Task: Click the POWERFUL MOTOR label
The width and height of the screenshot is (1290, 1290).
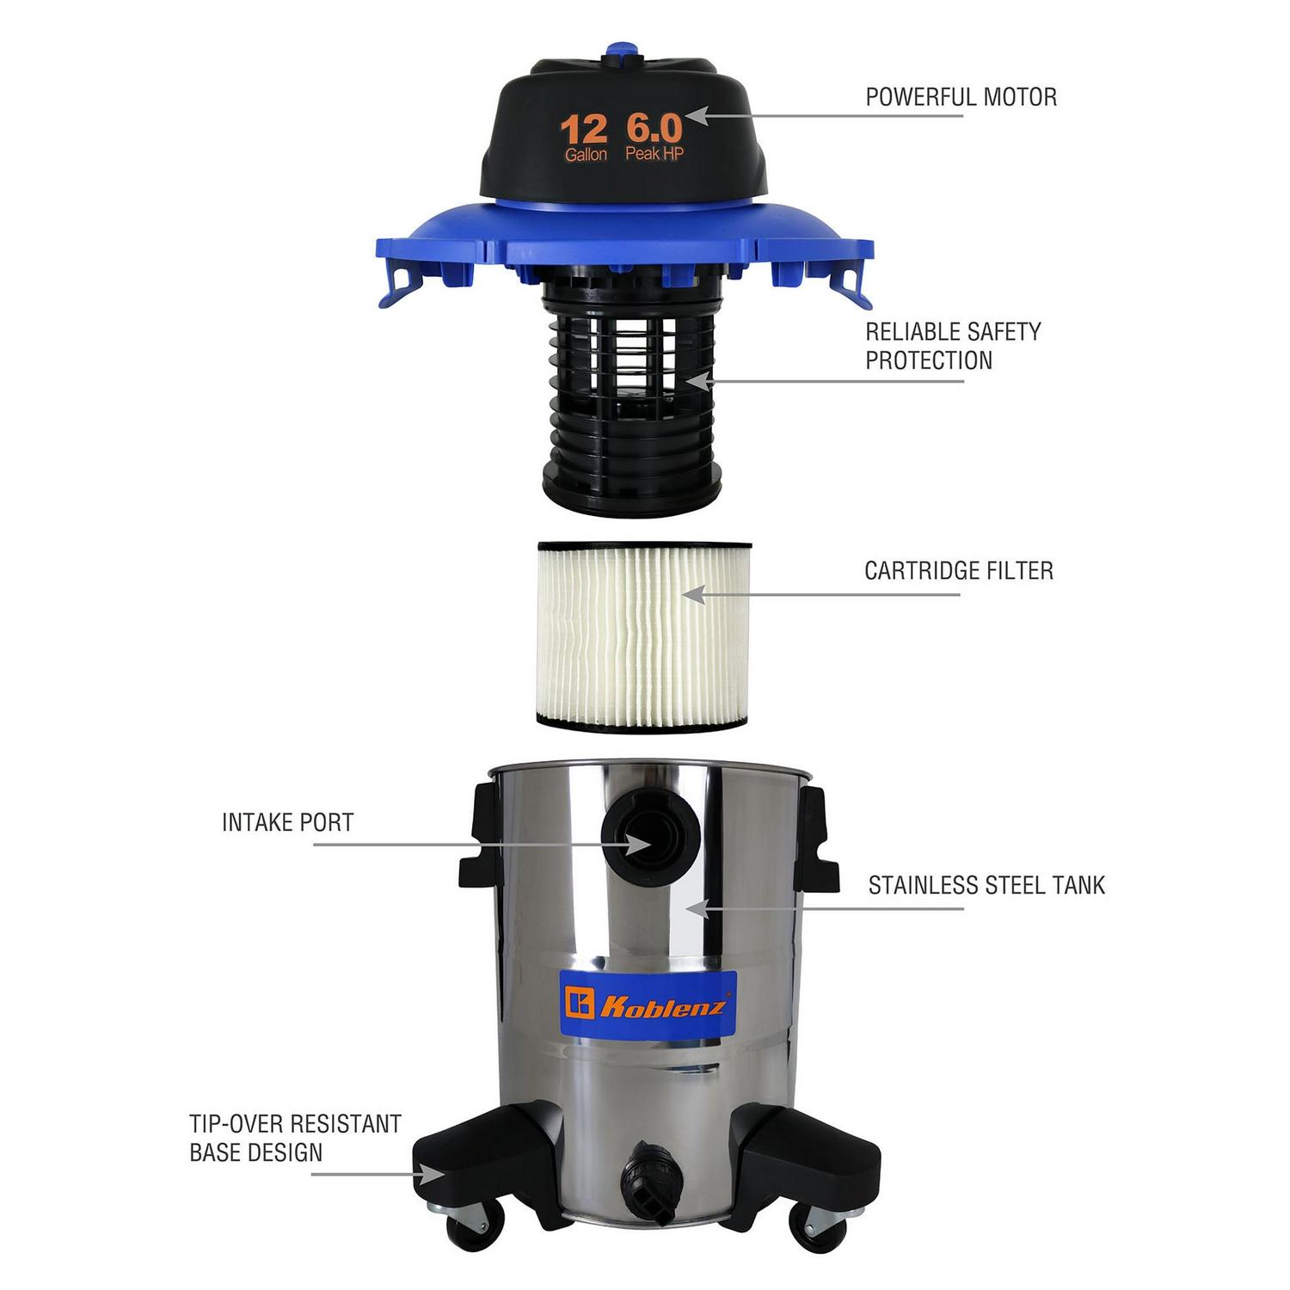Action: (x=961, y=97)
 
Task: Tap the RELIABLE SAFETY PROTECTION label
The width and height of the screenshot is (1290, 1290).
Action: (x=953, y=346)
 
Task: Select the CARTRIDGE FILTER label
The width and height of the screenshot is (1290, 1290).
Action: (x=959, y=570)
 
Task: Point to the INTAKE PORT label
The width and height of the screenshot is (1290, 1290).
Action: (x=287, y=822)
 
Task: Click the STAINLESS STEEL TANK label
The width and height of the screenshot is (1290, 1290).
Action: (x=986, y=885)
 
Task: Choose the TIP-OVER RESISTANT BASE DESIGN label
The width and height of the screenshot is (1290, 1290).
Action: (x=295, y=1138)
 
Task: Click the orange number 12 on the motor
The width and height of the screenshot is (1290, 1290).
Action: (x=583, y=132)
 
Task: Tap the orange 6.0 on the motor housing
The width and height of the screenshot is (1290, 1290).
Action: (x=654, y=128)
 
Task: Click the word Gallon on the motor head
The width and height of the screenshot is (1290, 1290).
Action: (x=586, y=155)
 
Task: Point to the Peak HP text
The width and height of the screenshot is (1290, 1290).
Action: (x=654, y=154)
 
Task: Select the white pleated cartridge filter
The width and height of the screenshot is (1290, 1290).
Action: (x=644, y=636)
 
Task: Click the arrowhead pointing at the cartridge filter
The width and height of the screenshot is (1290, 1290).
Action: (x=693, y=593)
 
